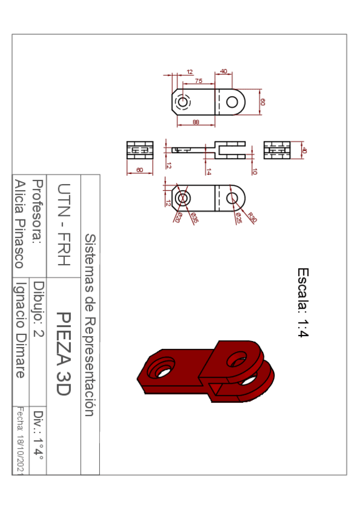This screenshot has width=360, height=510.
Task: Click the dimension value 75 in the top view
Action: click(x=198, y=80)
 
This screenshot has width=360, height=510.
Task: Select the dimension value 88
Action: click(x=196, y=122)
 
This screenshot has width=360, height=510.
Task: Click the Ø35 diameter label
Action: click(x=194, y=218)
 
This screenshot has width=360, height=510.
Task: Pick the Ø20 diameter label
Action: click(x=178, y=218)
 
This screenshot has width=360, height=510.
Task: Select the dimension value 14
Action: click(x=209, y=171)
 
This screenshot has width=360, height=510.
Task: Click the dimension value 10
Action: click(x=255, y=171)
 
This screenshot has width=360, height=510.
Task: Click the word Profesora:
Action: click(x=38, y=211)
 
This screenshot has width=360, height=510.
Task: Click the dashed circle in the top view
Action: click(x=183, y=102)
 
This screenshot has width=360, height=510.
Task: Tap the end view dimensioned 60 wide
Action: click(x=140, y=150)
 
